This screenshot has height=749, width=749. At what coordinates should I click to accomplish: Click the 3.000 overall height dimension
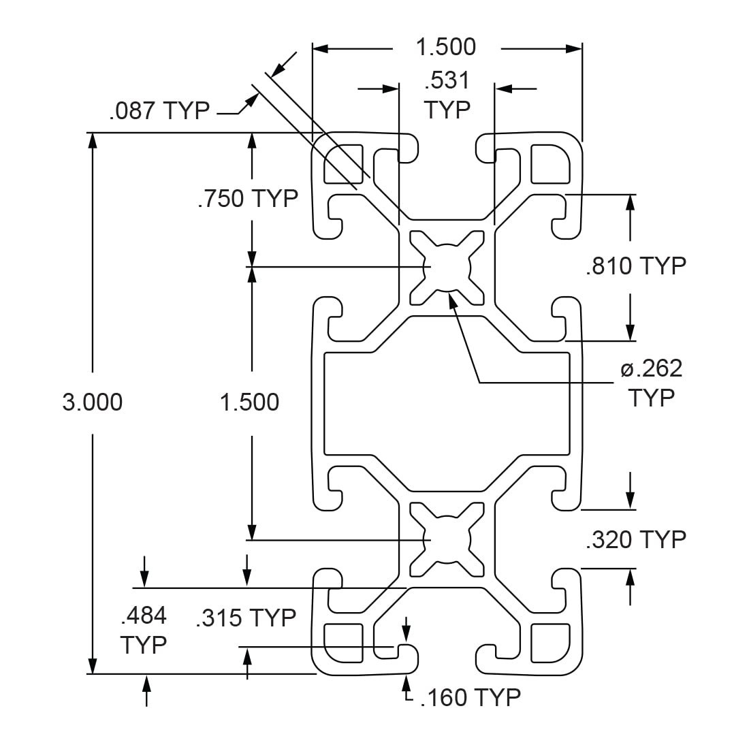click(x=92, y=402)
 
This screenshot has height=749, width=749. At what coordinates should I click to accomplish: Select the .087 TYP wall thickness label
click(x=159, y=111)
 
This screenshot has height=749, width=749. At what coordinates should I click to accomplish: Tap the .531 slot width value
click(x=447, y=80)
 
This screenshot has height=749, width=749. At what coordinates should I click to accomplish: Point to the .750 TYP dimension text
click(x=248, y=198)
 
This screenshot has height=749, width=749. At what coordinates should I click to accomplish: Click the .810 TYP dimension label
click(x=636, y=266)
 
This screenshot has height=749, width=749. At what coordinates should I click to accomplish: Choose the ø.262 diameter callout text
click(x=652, y=368)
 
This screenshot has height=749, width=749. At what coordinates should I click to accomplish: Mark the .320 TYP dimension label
click(x=636, y=539)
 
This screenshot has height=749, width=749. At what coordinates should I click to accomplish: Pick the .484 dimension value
click(x=144, y=616)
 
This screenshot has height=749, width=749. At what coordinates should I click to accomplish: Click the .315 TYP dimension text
click(x=246, y=618)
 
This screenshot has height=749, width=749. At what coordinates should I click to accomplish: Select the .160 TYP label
click(x=471, y=697)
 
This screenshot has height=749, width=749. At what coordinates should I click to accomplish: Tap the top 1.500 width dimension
click(x=446, y=47)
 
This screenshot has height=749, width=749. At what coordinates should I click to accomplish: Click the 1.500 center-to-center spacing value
click(x=249, y=402)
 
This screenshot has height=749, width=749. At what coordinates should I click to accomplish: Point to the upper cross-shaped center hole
click(x=447, y=268)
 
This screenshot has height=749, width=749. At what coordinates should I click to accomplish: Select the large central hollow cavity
click(x=447, y=404)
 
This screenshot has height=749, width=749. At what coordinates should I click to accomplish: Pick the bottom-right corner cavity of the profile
click(x=550, y=643)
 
